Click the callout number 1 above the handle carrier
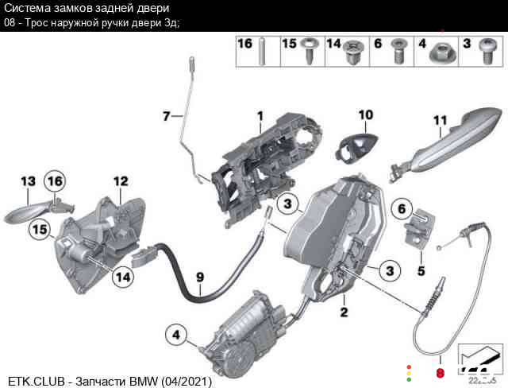(259, 116)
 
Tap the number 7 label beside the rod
(166, 116)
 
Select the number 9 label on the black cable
(200, 277)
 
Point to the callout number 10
(364, 114)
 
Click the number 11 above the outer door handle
(441, 120)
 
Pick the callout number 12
(120, 181)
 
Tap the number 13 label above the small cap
(29, 181)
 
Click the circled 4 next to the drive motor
(176, 335)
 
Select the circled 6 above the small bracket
(402, 209)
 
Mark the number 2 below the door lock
(344, 312)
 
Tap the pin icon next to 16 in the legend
(261, 53)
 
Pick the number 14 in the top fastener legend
(333, 42)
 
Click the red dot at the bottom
(441, 373)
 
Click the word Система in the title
(25, 8)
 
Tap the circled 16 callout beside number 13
(54, 182)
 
